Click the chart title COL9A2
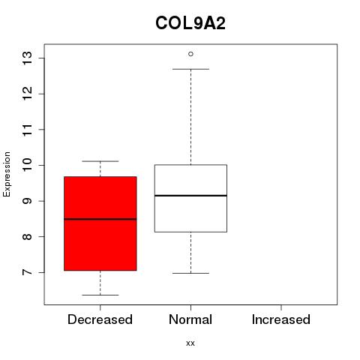[x=190, y=23]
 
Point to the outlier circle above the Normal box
[x=190, y=54]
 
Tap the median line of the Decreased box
[x=100, y=219]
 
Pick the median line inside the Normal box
[x=190, y=196]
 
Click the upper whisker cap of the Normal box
[x=190, y=69]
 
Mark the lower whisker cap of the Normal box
[x=190, y=273]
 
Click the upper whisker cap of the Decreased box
[x=100, y=161]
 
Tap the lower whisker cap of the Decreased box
[x=100, y=295]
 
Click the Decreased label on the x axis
[x=100, y=319]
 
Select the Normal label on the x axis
[x=190, y=319]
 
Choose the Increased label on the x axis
[x=281, y=319]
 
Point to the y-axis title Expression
[x=7, y=174]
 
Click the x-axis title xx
[x=190, y=343]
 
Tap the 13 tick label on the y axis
[x=28, y=58]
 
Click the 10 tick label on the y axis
[x=28, y=165]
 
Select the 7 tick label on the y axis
[x=28, y=272]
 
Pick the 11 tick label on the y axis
[x=28, y=130]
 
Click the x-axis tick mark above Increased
[x=281, y=307]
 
